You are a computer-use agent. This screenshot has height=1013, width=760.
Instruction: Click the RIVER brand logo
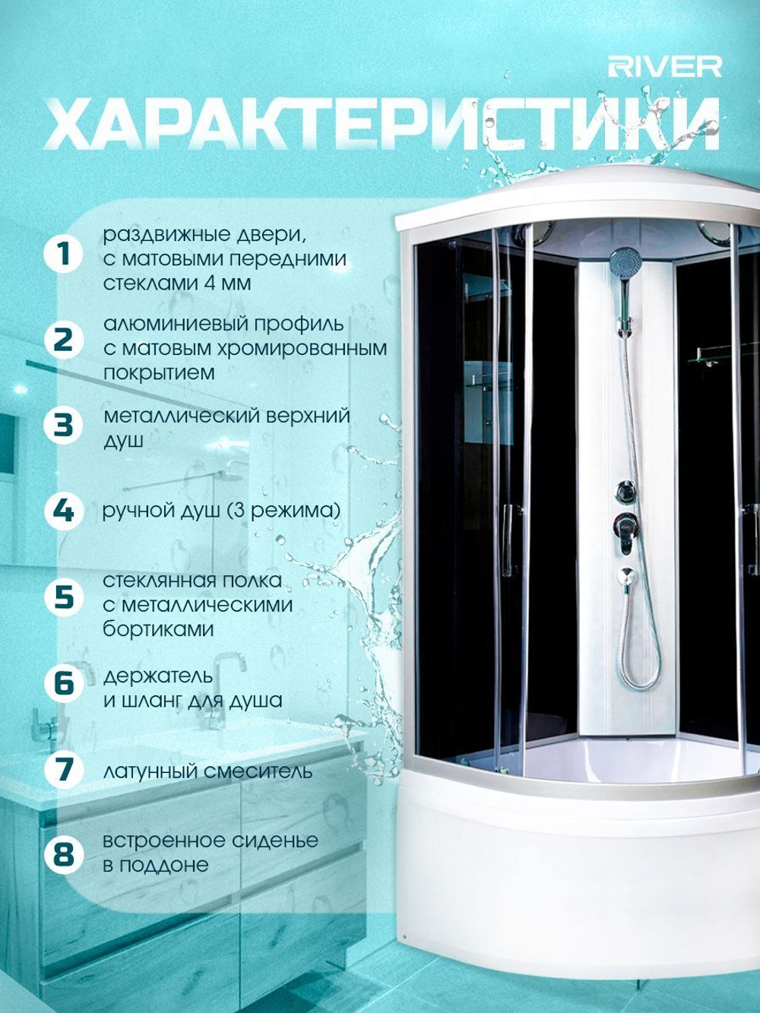pos(664,67)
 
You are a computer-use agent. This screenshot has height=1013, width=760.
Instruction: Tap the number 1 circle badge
pos(65,255)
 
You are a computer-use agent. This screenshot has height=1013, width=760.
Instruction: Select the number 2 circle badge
pos(65,340)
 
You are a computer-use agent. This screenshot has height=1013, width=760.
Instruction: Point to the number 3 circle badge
pos(65,426)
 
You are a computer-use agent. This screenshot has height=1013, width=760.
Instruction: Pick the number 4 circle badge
pos(65,511)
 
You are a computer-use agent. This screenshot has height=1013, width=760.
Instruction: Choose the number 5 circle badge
pos(65,597)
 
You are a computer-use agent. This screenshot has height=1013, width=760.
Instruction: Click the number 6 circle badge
pos(65,682)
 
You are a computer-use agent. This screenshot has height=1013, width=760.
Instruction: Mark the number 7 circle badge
pos(65,768)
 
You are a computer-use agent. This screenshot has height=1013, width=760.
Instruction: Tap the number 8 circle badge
pos(65,853)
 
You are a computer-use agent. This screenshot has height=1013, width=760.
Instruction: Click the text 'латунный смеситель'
pos(207,771)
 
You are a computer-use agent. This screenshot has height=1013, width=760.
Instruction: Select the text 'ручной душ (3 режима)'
pos(221,511)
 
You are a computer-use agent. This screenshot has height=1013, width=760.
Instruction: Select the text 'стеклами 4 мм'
pos(177,283)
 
